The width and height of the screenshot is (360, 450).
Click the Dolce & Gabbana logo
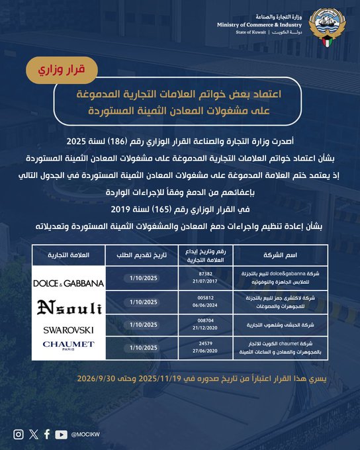[69, 283]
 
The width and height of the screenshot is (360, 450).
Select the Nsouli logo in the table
[69, 306]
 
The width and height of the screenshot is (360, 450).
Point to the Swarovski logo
[69, 330]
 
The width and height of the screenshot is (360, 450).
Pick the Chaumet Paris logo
[69, 345]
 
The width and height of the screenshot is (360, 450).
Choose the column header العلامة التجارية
[69, 255]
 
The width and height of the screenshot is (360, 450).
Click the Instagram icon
[19, 434]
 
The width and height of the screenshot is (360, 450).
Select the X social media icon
[34, 434]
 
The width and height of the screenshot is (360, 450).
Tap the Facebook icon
[47, 434]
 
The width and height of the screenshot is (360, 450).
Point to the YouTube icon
[62, 434]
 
